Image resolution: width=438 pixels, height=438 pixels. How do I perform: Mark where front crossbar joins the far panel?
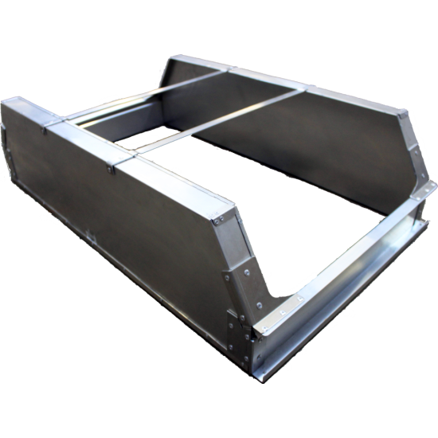(x=303, y=90)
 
